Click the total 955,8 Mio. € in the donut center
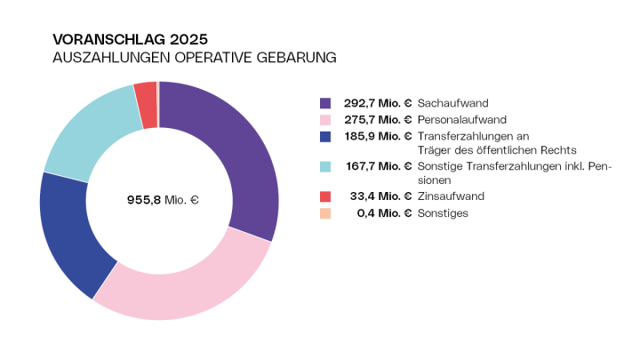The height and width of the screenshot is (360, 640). click(x=163, y=200)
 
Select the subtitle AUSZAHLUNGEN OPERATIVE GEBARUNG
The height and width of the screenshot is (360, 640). click(x=195, y=59)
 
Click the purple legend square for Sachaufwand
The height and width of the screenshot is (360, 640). click(x=325, y=103)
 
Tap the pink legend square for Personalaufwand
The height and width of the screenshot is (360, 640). click(x=325, y=119)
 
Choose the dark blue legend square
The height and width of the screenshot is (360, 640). click(x=325, y=135)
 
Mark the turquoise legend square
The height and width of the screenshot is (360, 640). click(x=325, y=165)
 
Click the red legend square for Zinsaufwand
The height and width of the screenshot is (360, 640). click(x=325, y=196)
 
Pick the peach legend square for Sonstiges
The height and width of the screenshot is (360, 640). click(x=325, y=212)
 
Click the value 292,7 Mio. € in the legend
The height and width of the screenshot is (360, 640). click(x=378, y=103)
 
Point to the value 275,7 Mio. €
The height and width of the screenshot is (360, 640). click(x=378, y=119)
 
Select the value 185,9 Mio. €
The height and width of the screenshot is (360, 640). click(x=378, y=135)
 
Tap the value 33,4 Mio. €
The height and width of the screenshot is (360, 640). click(x=383, y=196)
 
